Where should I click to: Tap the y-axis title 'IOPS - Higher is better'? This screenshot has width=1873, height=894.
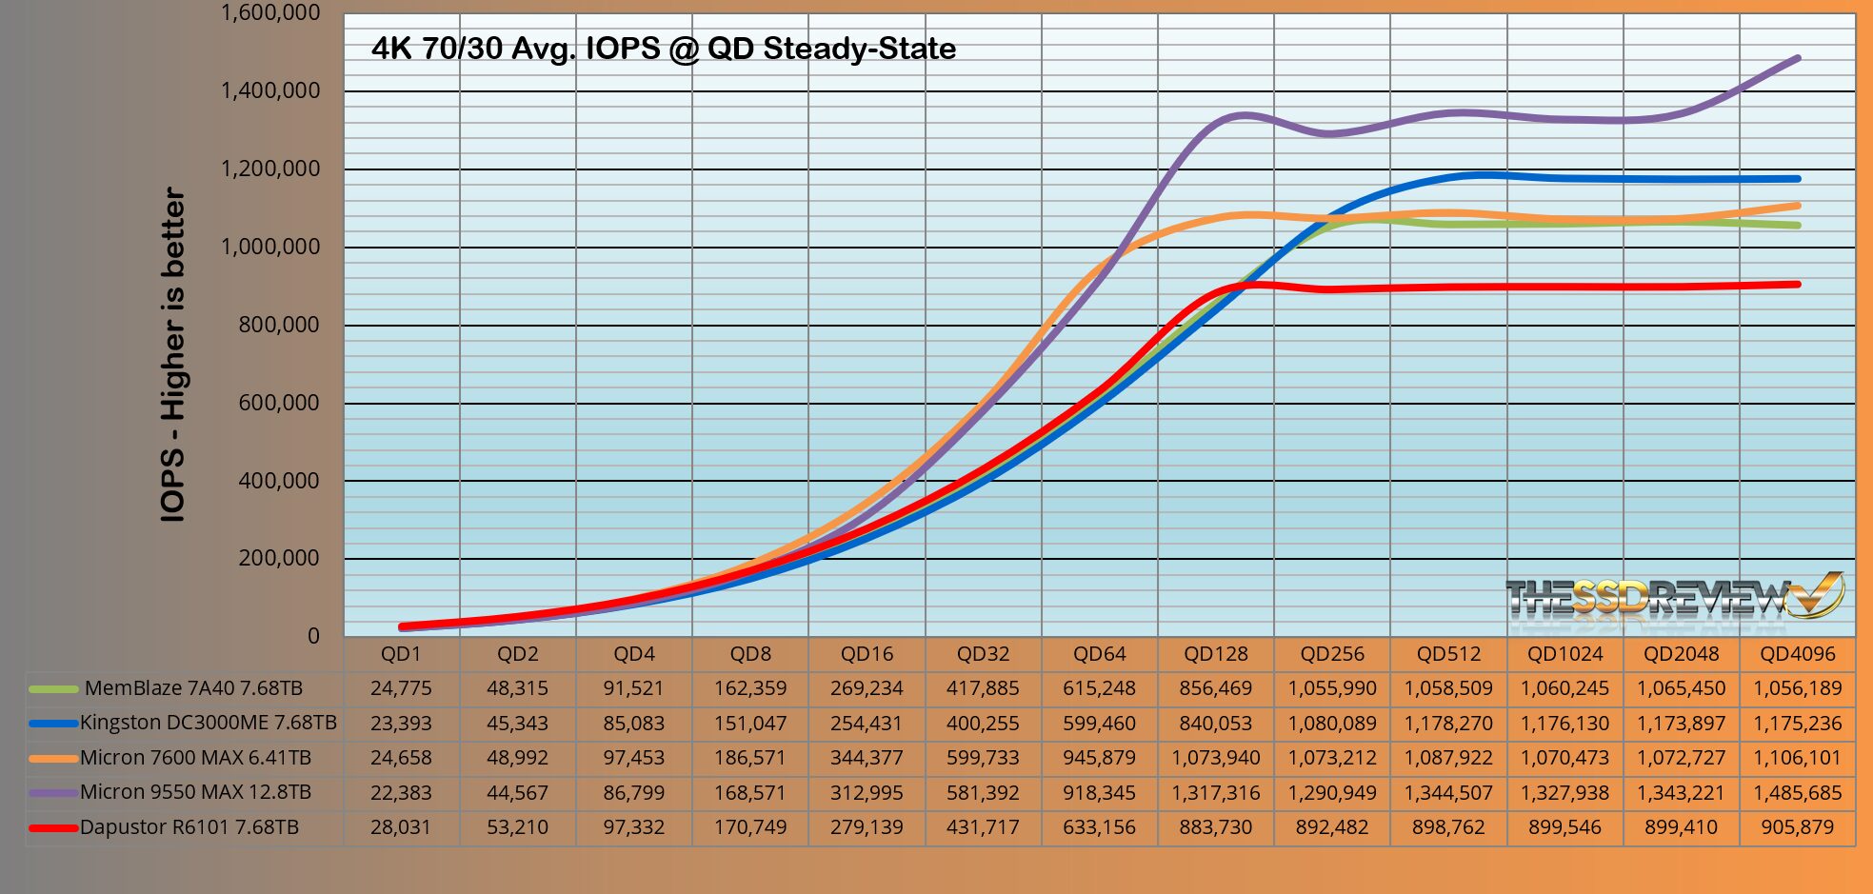173,354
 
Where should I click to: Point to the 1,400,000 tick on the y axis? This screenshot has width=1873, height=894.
270,91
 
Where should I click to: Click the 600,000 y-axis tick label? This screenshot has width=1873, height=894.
278,403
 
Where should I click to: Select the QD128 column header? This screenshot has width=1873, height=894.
1215,654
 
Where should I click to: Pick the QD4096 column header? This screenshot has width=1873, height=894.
1797,654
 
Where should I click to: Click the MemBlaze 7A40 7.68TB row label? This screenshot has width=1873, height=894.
193,688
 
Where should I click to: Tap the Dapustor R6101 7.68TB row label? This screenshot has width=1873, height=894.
189,827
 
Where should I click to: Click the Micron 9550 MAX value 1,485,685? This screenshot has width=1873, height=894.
1797,792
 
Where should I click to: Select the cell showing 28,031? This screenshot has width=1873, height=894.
401,827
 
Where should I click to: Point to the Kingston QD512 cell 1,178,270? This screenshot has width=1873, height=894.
1448,724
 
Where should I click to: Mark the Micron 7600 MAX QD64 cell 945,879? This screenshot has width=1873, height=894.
1099,758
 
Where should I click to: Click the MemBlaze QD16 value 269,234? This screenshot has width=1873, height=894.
867,688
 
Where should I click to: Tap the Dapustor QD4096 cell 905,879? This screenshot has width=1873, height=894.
1797,827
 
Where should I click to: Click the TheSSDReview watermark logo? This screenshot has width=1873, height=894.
1673,598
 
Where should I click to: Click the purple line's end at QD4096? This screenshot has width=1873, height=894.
1797,58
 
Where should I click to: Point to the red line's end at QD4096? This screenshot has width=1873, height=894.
1797,284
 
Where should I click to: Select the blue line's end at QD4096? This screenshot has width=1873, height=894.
1797,178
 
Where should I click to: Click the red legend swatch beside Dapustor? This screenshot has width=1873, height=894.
53,828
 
